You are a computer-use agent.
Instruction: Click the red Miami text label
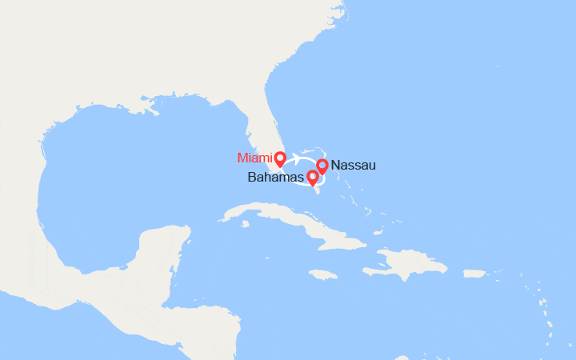click(x=254, y=157)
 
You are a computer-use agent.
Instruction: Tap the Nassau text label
click(x=352, y=166)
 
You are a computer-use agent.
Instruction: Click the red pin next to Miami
click(x=280, y=158)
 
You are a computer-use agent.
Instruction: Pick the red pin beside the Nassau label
click(x=322, y=166)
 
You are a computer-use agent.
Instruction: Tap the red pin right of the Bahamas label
click(x=312, y=178)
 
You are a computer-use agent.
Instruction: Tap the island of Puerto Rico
click(x=474, y=274)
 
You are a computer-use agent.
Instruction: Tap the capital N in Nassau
click(x=334, y=166)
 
